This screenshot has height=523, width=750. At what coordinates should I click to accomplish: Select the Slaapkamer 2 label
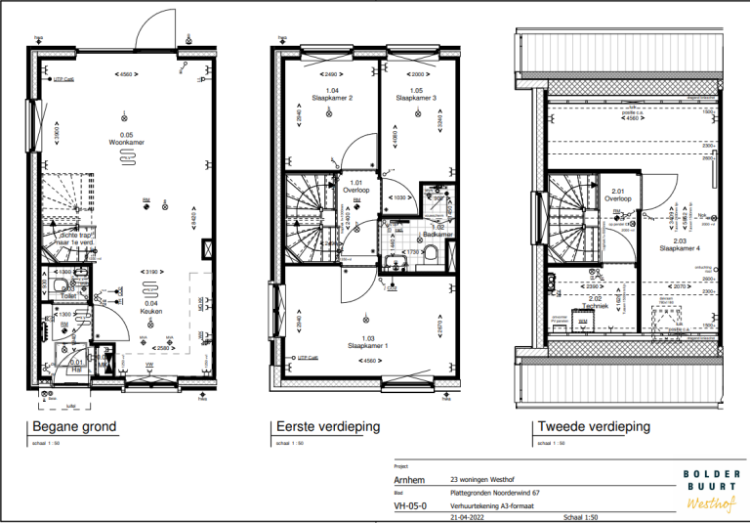click(x=332, y=98)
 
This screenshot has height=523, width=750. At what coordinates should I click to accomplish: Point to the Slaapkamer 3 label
click(x=415, y=98)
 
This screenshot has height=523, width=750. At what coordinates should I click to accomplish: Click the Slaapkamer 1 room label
click(x=368, y=346)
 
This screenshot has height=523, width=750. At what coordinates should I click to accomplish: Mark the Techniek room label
click(x=596, y=306)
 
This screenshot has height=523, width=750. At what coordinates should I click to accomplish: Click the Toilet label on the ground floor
click(x=68, y=294)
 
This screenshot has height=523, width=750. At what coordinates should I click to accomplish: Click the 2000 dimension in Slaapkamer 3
click(x=417, y=74)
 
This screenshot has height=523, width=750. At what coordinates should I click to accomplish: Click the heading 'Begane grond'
click(x=74, y=427)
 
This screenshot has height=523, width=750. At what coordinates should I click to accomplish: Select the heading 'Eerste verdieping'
click(x=328, y=427)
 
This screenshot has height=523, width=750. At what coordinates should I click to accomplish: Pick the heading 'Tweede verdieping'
click(x=593, y=427)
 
